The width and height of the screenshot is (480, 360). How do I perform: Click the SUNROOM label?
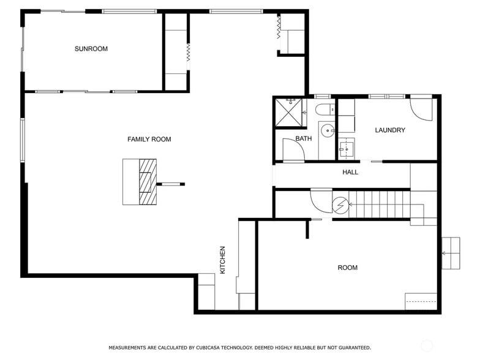91,49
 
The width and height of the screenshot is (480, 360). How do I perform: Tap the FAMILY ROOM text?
149,140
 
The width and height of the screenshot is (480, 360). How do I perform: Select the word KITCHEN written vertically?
223,260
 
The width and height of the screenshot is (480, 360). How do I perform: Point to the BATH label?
304,139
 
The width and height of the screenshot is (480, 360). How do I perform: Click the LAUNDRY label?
390,130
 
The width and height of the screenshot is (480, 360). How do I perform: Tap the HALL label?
350,172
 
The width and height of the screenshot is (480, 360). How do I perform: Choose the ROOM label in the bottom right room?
347,268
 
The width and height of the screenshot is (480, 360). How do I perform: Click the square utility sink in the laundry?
346,148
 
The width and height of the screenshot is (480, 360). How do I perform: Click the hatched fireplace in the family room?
148,182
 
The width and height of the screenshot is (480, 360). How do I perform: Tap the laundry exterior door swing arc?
421,108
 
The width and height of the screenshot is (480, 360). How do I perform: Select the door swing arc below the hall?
321,200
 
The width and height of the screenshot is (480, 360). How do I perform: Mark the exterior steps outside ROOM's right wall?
450,253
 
